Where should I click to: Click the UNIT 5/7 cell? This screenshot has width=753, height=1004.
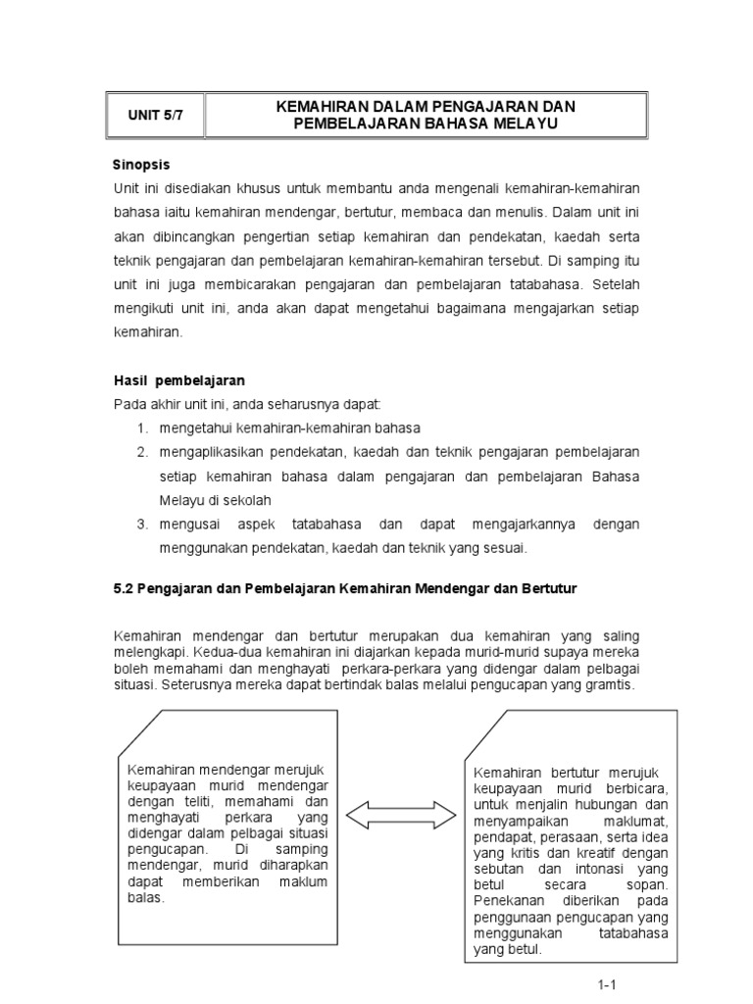pos(155,116)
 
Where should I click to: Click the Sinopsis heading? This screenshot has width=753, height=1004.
pos(143,164)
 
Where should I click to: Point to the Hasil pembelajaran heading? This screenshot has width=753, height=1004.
pos(179,379)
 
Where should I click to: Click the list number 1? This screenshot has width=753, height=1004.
pos(141,427)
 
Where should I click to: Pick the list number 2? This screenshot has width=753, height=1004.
pos(141,451)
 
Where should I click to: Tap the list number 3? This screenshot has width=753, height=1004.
pos(141,524)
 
